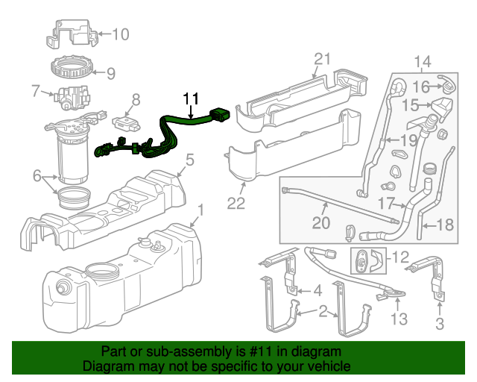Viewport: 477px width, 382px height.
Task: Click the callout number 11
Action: tap(192, 98)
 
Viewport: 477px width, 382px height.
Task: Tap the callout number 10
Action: tap(120, 34)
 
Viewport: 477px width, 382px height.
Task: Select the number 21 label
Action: tap(321, 59)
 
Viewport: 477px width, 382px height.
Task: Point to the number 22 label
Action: tap(236, 203)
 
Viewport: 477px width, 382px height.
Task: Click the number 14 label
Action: tap(423, 61)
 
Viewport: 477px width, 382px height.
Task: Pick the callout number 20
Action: tap(320, 222)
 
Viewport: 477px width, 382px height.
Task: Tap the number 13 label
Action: tap(399, 320)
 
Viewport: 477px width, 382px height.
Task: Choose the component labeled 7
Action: tap(70, 97)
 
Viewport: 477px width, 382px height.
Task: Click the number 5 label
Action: tap(190, 159)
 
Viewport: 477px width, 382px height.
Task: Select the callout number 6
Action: tap(36, 176)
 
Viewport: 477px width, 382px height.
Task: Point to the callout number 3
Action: tap(439, 323)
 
